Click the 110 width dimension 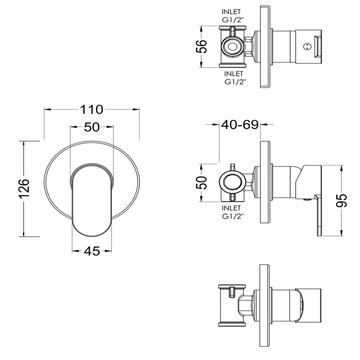(x=92, y=110)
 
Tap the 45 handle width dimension (x=92, y=251)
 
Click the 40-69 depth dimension (x=240, y=125)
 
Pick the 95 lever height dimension (x=341, y=200)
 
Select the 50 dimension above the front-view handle (x=92, y=127)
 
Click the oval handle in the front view (x=92, y=200)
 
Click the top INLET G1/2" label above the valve (x=231, y=15)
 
